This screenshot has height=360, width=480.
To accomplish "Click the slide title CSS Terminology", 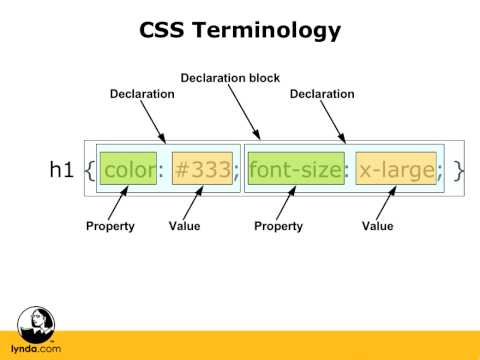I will [240, 31].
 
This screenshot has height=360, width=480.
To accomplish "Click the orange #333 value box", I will [202, 170].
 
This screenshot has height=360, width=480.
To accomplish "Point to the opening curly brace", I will [89, 170].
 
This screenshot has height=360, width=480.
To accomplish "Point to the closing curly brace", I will [458, 170].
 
